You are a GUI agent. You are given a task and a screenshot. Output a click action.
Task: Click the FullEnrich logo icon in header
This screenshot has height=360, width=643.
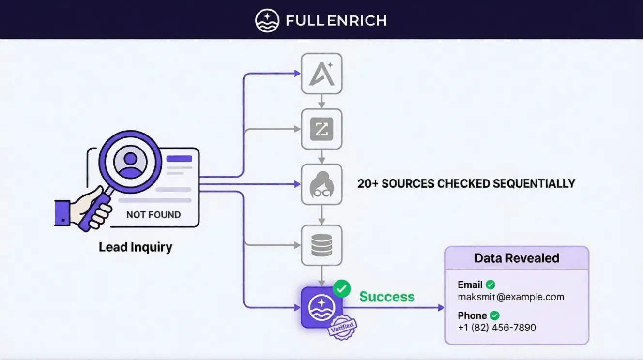pyautogui.click(x=267, y=20)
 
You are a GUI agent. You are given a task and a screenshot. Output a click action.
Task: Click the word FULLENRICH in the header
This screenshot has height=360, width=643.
pyautogui.click(x=336, y=21)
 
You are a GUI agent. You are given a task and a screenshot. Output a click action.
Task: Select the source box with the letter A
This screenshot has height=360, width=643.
pyautogui.click(x=321, y=74)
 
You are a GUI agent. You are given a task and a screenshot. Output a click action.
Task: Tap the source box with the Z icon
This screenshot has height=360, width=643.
pyautogui.click(x=321, y=129)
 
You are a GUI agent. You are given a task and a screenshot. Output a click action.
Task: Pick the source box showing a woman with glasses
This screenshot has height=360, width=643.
pyautogui.click(x=321, y=184)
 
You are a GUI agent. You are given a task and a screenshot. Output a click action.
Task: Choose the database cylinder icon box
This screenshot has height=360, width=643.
pyautogui.click(x=321, y=245)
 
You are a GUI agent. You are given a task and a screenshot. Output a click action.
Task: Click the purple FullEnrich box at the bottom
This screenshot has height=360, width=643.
pyautogui.click(x=321, y=307)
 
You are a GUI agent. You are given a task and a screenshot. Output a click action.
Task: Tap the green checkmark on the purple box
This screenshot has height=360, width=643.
pyautogui.click(x=342, y=288)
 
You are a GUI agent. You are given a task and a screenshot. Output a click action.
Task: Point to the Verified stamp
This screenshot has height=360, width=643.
pyautogui.click(x=342, y=328)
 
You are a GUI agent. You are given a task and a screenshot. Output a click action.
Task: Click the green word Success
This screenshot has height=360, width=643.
pyautogui.click(x=387, y=297)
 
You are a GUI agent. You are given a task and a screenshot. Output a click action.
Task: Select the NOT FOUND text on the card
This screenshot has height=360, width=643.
pyautogui.click(x=153, y=214)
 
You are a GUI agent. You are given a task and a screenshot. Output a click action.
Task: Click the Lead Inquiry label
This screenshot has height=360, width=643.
pyautogui.click(x=136, y=247)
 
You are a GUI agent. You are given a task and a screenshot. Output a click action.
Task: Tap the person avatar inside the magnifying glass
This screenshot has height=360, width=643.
pyautogui.click(x=130, y=163)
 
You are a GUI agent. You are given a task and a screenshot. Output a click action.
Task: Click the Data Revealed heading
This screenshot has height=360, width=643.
pyautogui.click(x=517, y=258)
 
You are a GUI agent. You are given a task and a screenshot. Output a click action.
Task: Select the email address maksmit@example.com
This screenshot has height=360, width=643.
pyautogui.click(x=511, y=297)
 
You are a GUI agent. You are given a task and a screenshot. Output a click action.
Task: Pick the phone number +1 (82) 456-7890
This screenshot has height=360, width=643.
pyautogui.click(x=497, y=328)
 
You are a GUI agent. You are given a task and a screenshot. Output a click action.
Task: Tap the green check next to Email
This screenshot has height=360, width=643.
pyautogui.click(x=490, y=285)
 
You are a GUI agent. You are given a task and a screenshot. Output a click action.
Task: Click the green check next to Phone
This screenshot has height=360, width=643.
pyautogui.click(x=494, y=315)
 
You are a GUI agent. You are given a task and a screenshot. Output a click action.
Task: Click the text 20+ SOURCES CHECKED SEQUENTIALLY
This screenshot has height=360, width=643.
pyautogui.click(x=466, y=184)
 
